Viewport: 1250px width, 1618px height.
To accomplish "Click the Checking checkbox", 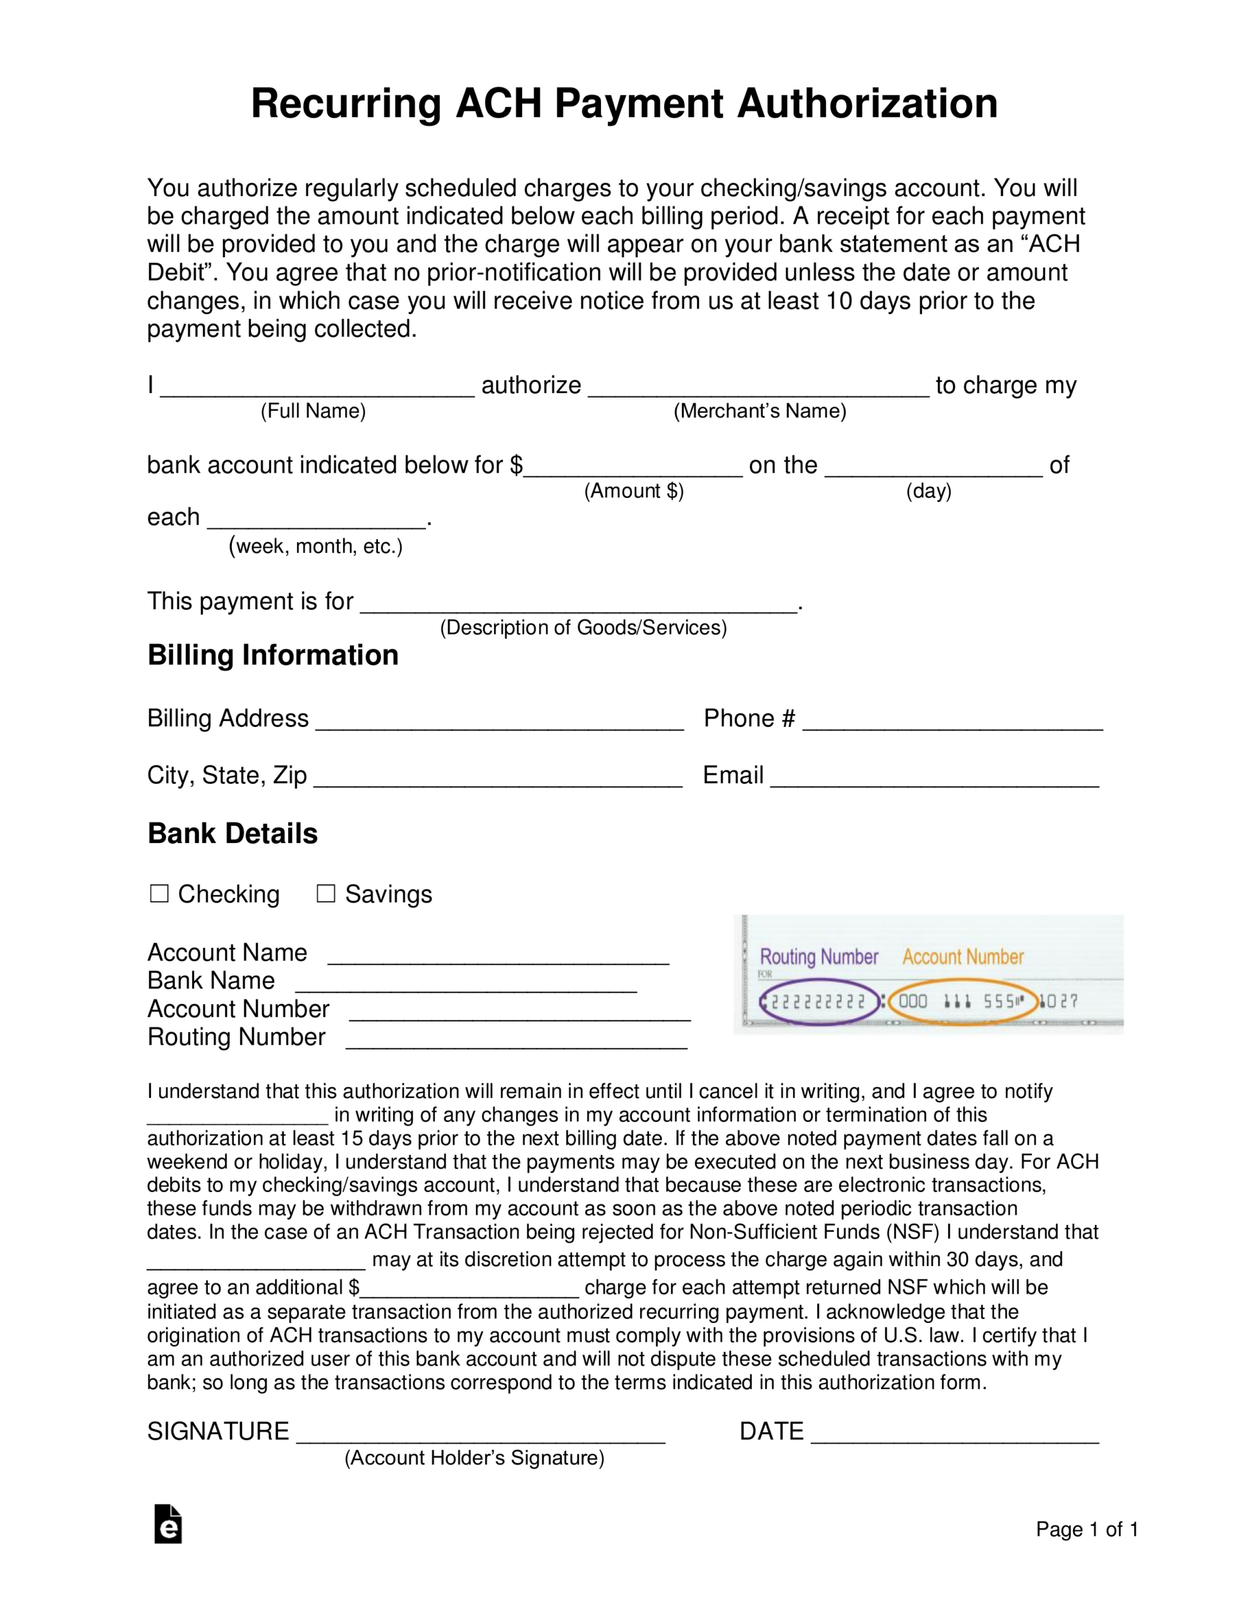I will click(159, 894).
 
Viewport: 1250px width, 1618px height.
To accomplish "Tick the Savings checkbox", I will click(325, 894).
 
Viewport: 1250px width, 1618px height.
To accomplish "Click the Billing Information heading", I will click(272, 655).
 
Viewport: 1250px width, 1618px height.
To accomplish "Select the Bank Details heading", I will click(233, 834).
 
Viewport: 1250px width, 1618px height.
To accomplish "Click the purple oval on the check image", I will click(819, 1002).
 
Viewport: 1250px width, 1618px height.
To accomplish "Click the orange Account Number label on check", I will click(962, 957).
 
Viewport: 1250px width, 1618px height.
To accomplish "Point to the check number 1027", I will click(1060, 1002).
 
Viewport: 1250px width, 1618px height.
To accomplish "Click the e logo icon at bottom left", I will click(168, 1524).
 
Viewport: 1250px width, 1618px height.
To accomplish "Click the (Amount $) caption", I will click(633, 491).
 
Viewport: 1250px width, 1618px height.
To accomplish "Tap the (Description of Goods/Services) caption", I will click(583, 628).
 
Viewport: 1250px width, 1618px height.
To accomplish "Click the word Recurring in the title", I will click(345, 104).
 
